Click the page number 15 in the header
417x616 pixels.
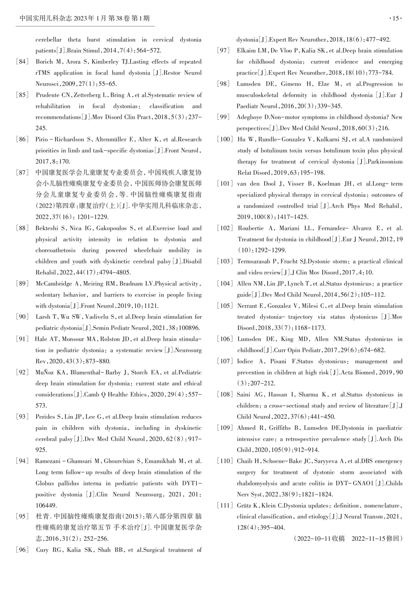click(395, 18)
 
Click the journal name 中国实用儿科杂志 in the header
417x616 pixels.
click(46, 18)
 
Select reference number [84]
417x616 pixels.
click(22, 62)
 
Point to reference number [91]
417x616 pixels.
click(22, 339)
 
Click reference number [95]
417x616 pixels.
click(22, 517)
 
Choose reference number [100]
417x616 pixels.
click(225, 139)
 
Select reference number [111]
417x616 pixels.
click(225, 505)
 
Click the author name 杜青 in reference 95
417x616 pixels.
click(43, 517)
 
